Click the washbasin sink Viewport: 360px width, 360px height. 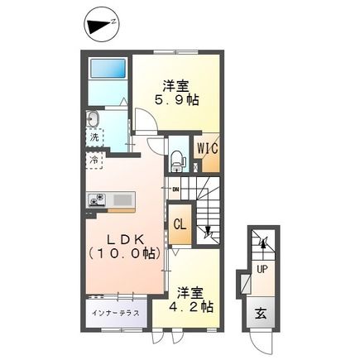[92, 118]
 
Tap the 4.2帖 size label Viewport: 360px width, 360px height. [194, 307]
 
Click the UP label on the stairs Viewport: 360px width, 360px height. [262, 269]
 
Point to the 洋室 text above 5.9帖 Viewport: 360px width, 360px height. [173, 85]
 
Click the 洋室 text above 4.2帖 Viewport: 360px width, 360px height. [190, 292]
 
